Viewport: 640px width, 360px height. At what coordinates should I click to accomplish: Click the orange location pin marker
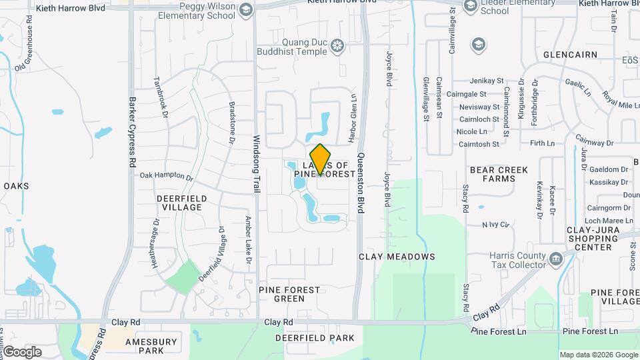(x=321, y=159)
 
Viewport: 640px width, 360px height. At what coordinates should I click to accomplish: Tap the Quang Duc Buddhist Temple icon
(x=338, y=45)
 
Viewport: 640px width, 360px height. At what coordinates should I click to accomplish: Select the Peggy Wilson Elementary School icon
(x=246, y=10)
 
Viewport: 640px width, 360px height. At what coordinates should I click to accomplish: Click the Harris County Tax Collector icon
(x=555, y=259)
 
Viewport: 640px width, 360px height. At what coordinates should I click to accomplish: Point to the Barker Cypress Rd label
(x=132, y=143)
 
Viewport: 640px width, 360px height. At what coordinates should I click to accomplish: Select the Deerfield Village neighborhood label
(x=182, y=203)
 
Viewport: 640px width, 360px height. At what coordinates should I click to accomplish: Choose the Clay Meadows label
(x=397, y=257)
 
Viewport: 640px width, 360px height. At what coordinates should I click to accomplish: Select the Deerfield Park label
(x=315, y=338)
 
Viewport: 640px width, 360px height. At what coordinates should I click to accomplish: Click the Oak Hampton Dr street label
(x=166, y=177)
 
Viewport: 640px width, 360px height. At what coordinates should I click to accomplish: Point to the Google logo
(x=23, y=351)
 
